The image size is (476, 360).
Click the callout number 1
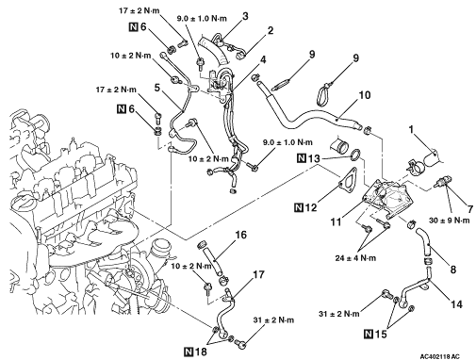[x=412, y=129]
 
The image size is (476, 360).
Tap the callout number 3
[x=245, y=16]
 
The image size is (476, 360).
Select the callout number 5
[x=157, y=88]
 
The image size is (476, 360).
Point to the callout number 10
[x=365, y=95]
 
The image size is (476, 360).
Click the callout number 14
[x=456, y=304]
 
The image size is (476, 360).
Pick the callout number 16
[x=241, y=235]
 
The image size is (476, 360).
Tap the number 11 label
[x=336, y=222]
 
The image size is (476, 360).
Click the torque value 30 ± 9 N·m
[x=450, y=221]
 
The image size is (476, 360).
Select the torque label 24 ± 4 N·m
[x=355, y=258]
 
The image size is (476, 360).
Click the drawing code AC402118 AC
[x=439, y=356]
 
